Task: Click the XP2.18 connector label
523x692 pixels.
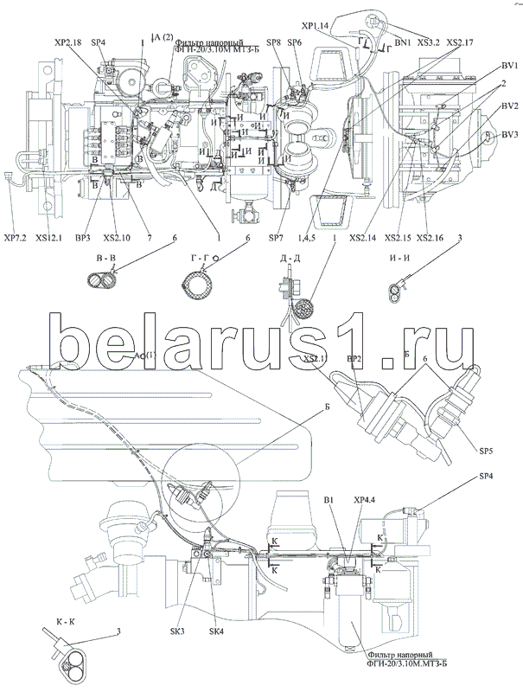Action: [x=67, y=42]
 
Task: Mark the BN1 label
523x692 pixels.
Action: [x=402, y=41]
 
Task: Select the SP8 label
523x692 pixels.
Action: [x=273, y=42]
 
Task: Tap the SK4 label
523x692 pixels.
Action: [x=215, y=631]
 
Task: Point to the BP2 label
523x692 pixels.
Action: [x=354, y=358]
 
